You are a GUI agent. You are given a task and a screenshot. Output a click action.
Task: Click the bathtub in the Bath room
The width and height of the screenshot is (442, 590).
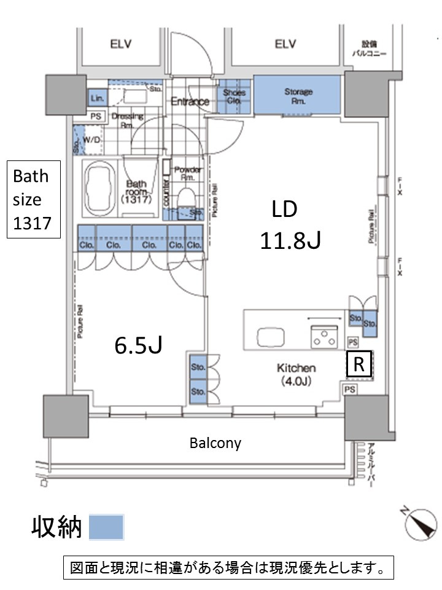click(x=98, y=187)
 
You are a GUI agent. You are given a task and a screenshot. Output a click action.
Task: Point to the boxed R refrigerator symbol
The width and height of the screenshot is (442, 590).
click(x=358, y=365)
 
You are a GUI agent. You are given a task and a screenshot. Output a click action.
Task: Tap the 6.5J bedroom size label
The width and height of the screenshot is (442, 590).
click(x=138, y=346)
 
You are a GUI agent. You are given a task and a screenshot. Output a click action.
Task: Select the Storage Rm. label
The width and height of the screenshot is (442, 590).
click(x=298, y=96)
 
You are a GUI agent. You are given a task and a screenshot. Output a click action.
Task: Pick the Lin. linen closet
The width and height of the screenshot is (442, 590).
click(x=96, y=98)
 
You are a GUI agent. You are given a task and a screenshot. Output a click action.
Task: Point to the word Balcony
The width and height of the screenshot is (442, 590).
click(x=215, y=442)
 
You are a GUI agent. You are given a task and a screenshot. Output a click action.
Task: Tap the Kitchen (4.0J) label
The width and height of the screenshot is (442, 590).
click(x=296, y=374)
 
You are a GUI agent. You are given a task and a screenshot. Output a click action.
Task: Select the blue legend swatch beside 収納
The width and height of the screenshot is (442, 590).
click(x=106, y=527)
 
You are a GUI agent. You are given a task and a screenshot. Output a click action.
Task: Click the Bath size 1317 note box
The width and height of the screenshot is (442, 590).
click(x=34, y=199)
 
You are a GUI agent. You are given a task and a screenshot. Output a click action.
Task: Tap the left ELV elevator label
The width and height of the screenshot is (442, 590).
click(x=122, y=44)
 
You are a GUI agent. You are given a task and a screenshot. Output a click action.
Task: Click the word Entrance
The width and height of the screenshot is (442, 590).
click(x=190, y=101)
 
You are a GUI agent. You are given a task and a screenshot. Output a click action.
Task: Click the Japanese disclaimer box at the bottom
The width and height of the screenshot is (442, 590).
click(x=228, y=568)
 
